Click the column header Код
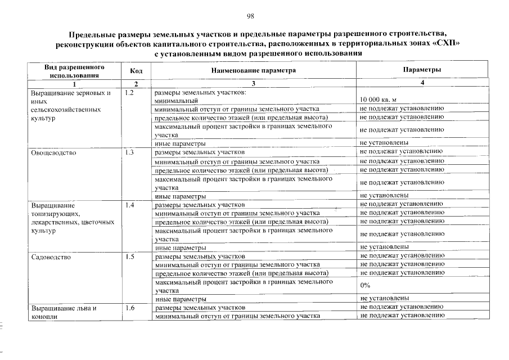pyautogui.click(x=136, y=70)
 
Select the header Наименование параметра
pyautogui.click(x=253, y=70)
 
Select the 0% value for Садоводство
pyautogui.click(x=365, y=285)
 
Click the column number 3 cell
pyautogui.click(x=253, y=83)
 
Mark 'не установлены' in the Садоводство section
pyautogui.click(x=384, y=298)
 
